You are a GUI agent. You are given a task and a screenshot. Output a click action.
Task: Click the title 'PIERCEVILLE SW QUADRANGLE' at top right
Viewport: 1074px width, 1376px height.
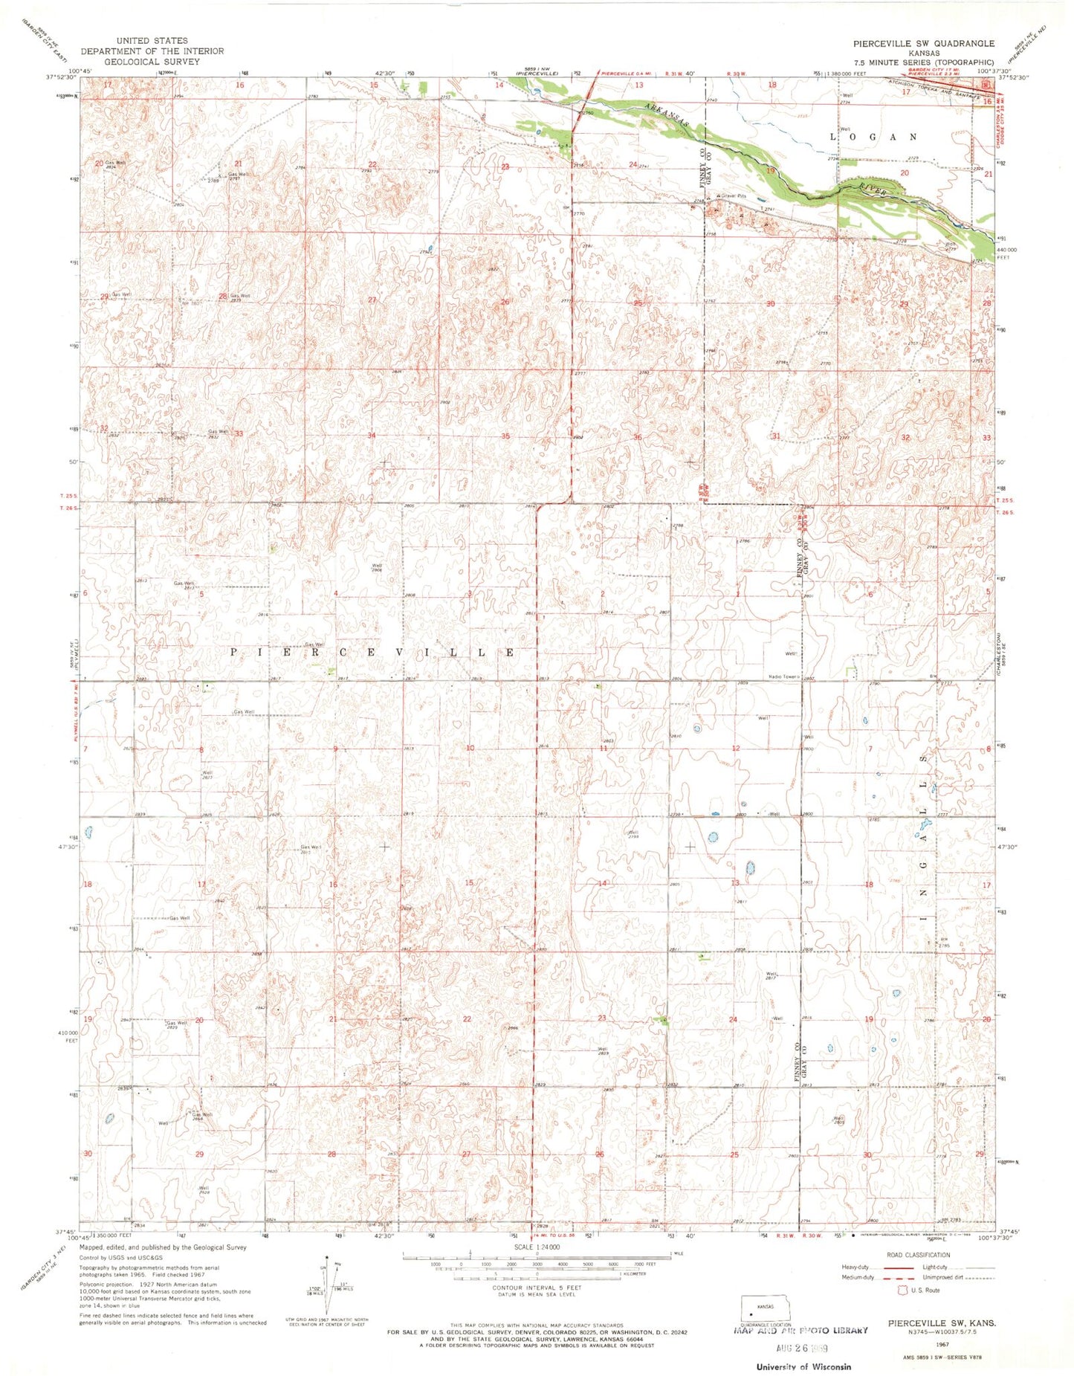(923, 43)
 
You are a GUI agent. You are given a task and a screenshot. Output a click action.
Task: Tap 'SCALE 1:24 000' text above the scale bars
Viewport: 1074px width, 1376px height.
(536, 1247)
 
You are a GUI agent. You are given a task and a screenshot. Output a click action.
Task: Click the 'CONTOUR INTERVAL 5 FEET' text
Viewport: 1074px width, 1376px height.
(537, 1287)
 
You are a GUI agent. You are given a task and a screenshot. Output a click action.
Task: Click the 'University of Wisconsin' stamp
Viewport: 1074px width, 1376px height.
(803, 1366)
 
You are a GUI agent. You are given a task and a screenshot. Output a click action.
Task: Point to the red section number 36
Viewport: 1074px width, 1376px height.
(638, 437)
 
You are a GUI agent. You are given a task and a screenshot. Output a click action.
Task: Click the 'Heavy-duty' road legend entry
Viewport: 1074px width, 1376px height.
(855, 1267)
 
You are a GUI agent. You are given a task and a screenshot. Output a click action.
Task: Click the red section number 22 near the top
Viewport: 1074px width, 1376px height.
(372, 164)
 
